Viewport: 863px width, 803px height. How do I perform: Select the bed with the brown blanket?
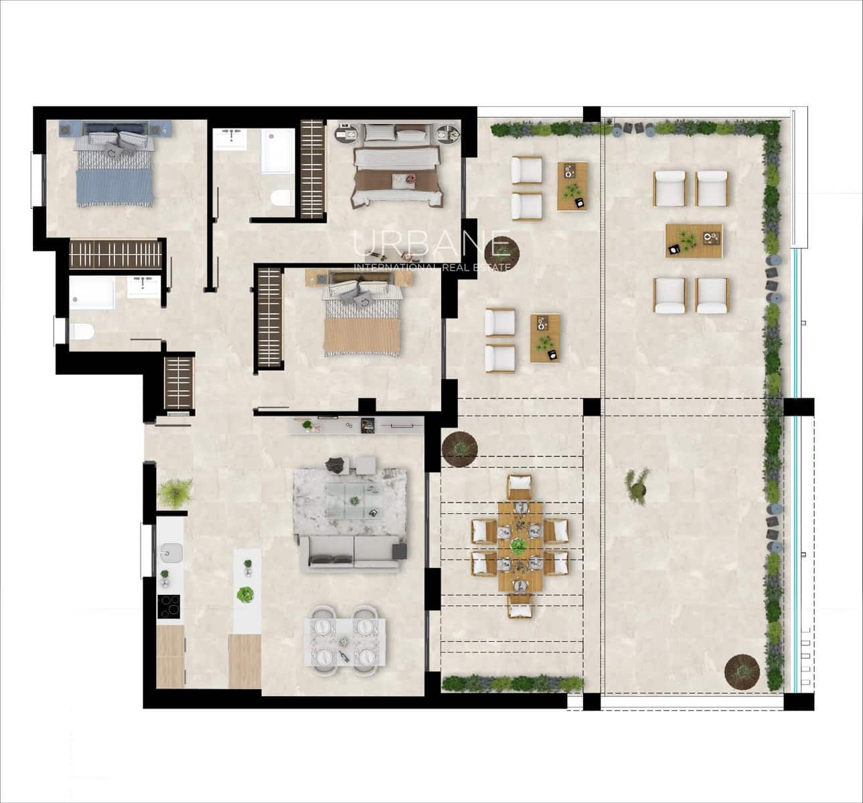click(x=398, y=168)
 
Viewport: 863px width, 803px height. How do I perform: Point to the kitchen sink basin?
click(x=171, y=553)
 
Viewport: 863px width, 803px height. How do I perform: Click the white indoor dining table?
click(x=345, y=640)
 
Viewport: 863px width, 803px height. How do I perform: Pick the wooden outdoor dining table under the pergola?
click(x=520, y=546)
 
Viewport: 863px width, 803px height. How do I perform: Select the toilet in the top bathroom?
click(x=282, y=199)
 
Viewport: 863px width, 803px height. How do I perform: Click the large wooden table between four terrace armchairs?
click(x=694, y=240)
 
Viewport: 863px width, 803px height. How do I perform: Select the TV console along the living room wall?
click(x=356, y=425)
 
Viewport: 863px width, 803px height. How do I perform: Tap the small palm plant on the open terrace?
click(x=637, y=482)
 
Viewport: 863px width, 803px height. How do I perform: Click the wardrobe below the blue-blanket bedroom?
click(x=116, y=255)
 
